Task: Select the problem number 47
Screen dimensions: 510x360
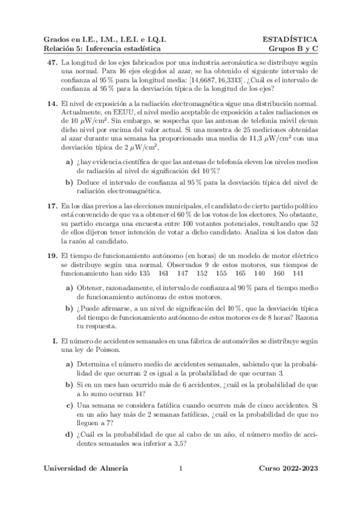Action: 52,62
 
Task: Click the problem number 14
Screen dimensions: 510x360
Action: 52,103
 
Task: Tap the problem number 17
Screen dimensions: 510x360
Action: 52,206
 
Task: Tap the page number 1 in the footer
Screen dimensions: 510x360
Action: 180,468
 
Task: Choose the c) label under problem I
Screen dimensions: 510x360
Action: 69,406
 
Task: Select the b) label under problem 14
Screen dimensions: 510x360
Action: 69,182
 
